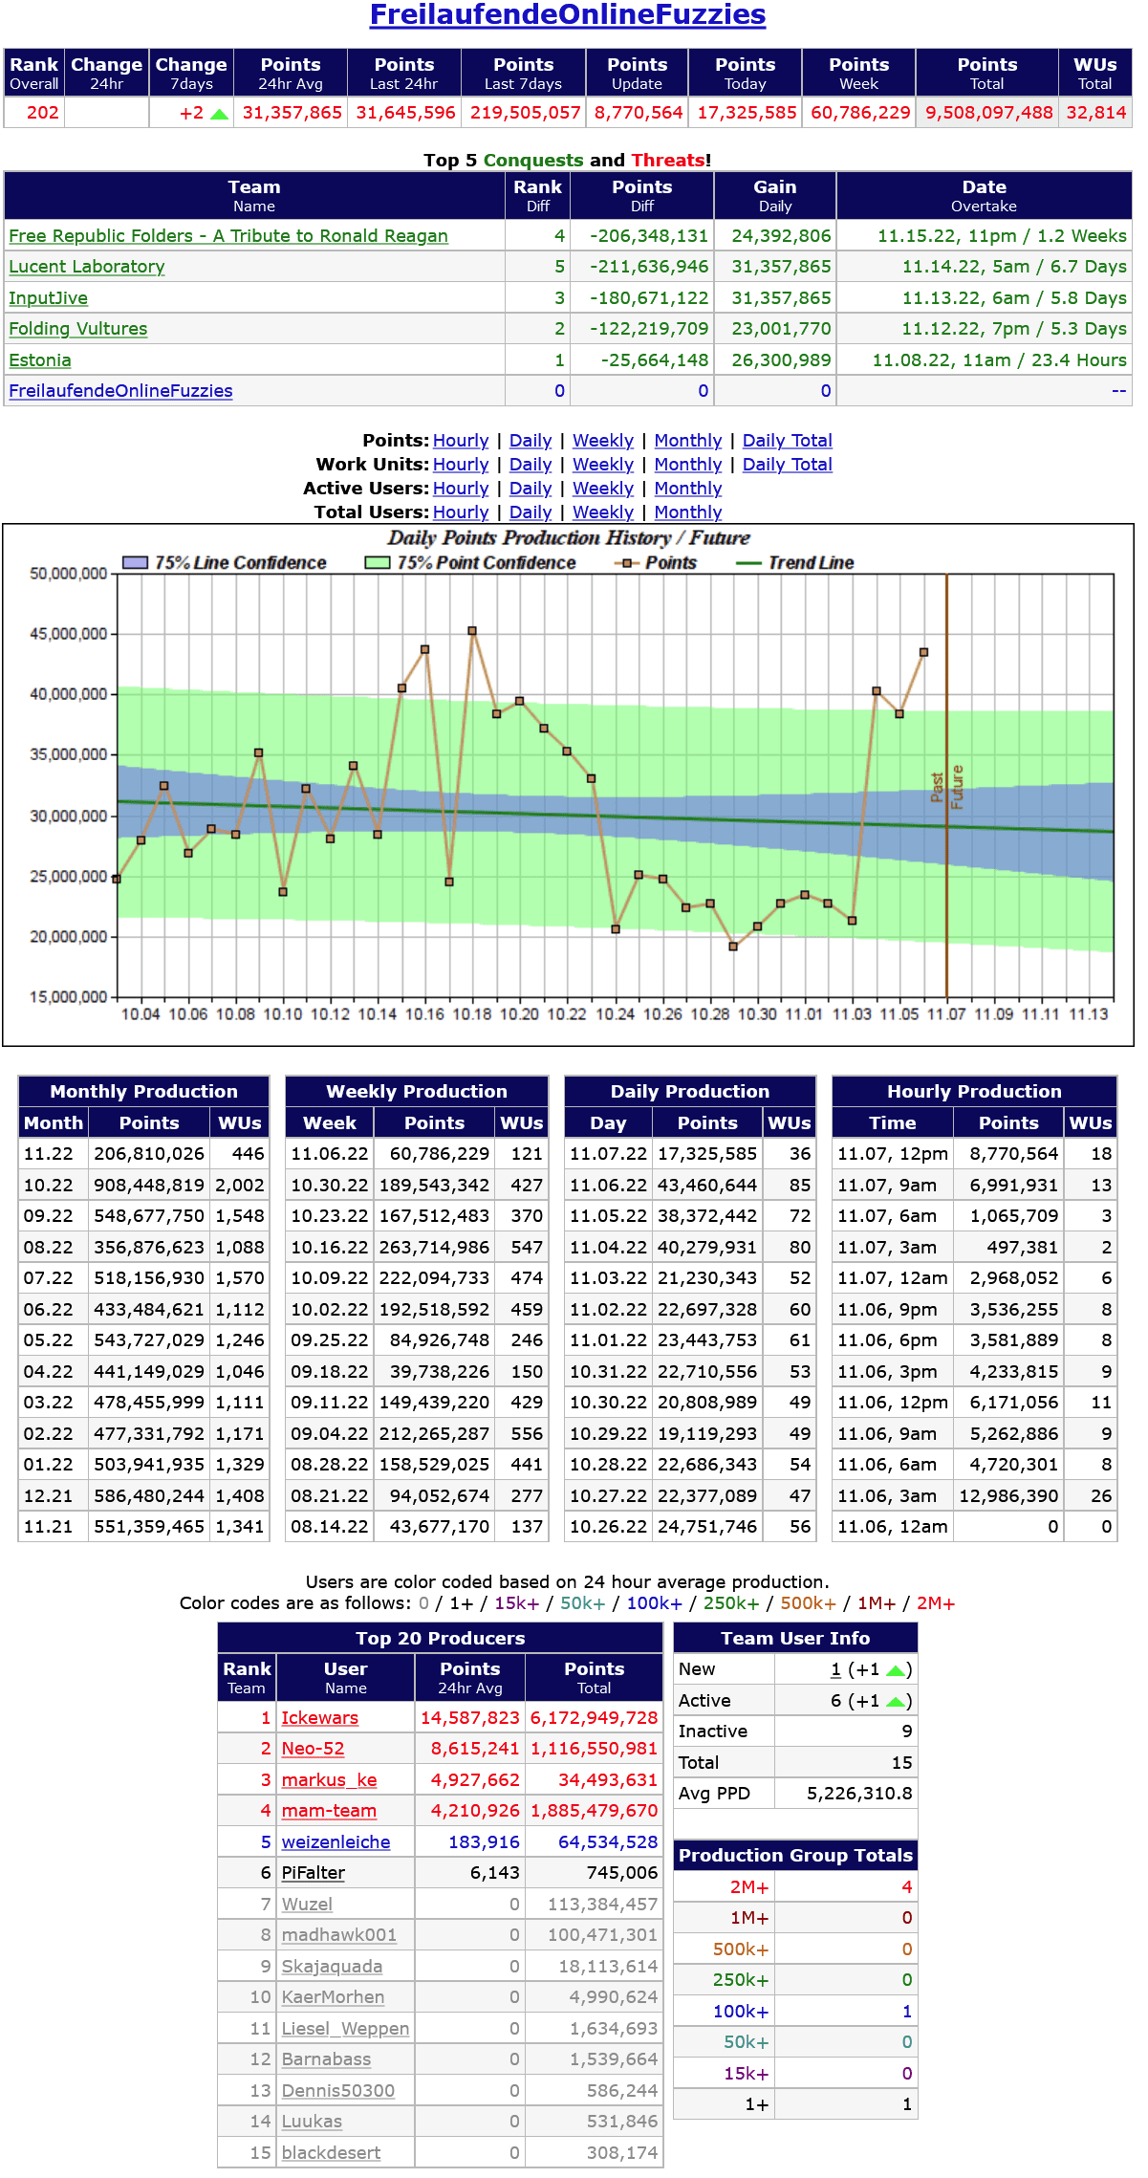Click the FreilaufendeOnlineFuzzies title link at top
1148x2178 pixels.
[567, 15]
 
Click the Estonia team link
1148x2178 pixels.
[40, 360]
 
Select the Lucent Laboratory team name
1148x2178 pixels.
[87, 267]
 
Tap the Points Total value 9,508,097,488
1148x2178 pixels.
[988, 113]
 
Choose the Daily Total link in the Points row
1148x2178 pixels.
[787, 441]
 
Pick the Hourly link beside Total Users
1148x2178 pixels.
[461, 512]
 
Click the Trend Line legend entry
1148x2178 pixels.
[810, 563]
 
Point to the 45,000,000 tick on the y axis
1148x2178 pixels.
[69, 634]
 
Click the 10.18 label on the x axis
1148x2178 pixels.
[471, 1014]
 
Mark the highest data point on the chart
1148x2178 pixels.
[472, 631]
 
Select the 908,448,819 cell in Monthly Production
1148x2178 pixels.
[149, 1186]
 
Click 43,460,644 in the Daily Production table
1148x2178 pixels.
[707, 1186]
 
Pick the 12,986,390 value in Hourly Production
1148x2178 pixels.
[1008, 1496]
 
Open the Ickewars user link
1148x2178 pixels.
[319, 1718]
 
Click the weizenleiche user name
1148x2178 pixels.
[336, 1842]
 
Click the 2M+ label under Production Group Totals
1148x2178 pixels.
[749, 1887]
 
